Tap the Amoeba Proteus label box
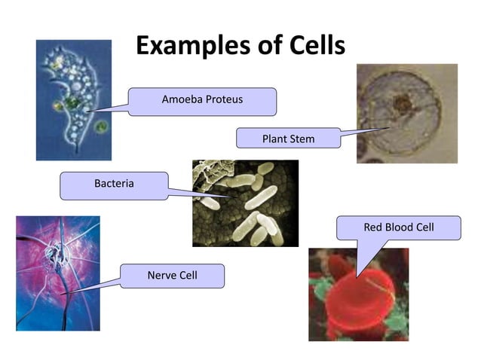point(202,101)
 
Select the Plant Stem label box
point(288,139)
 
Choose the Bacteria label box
point(114,185)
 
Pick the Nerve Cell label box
point(172,276)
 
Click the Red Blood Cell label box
point(398,227)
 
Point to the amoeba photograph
point(73,100)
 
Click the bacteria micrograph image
point(245,203)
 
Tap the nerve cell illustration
point(57,273)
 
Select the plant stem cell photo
point(406,114)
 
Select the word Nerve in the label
point(161,276)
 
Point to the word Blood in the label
point(398,227)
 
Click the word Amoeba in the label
point(179,99)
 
